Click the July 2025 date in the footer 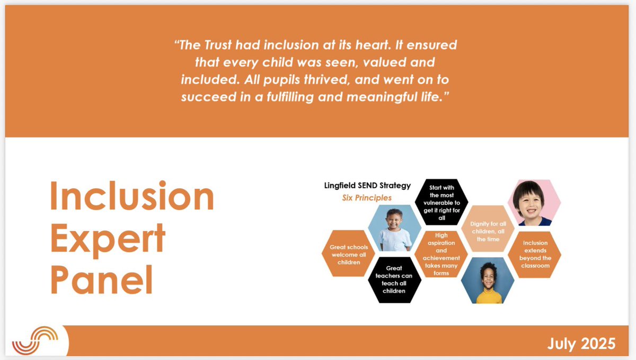pyautogui.click(x=581, y=344)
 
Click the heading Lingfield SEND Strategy pyautogui.click(x=367, y=185)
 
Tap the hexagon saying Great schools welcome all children pyautogui.click(x=345, y=254)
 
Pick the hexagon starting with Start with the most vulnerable pyautogui.click(x=442, y=203)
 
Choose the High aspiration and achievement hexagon pyautogui.click(x=441, y=254)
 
